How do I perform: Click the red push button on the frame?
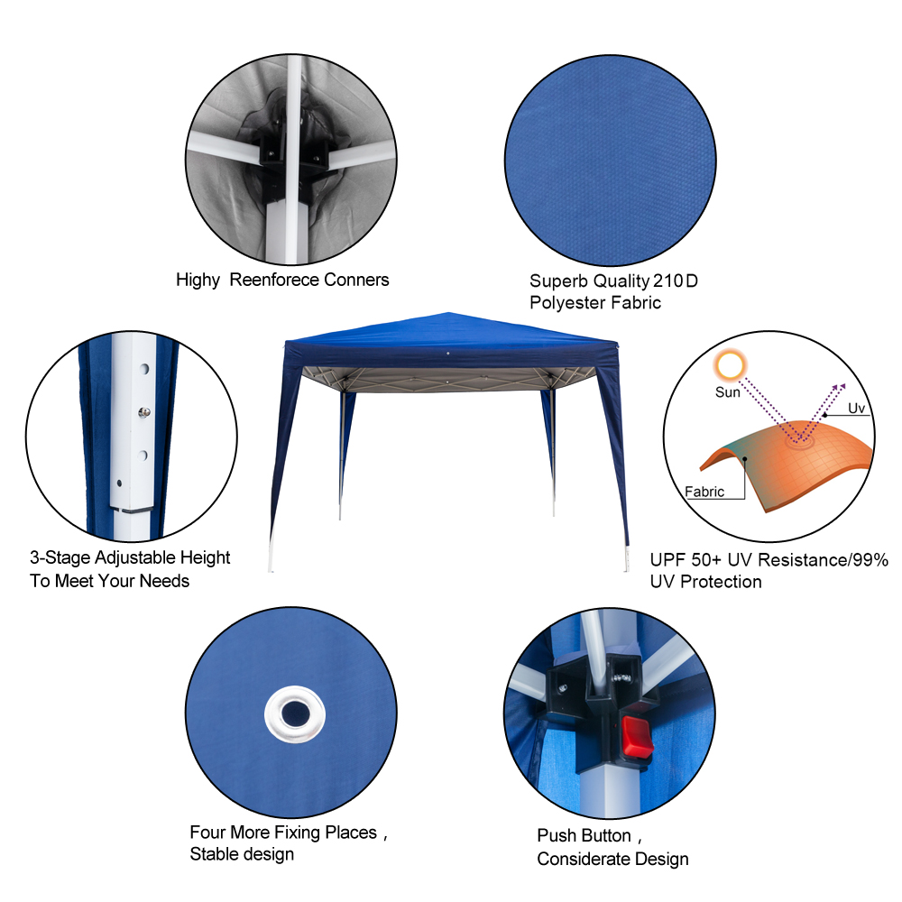(x=637, y=736)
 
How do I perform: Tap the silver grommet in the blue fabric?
(x=295, y=713)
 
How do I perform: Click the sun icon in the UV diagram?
(x=730, y=365)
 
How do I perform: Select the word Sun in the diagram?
(x=728, y=392)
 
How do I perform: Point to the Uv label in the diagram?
(x=856, y=408)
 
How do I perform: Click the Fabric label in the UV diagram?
(x=704, y=492)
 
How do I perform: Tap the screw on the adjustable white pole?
(x=144, y=412)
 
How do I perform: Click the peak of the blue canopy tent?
(x=448, y=313)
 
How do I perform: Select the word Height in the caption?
(x=205, y=558)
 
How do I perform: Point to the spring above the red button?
(x=621, y=678)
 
